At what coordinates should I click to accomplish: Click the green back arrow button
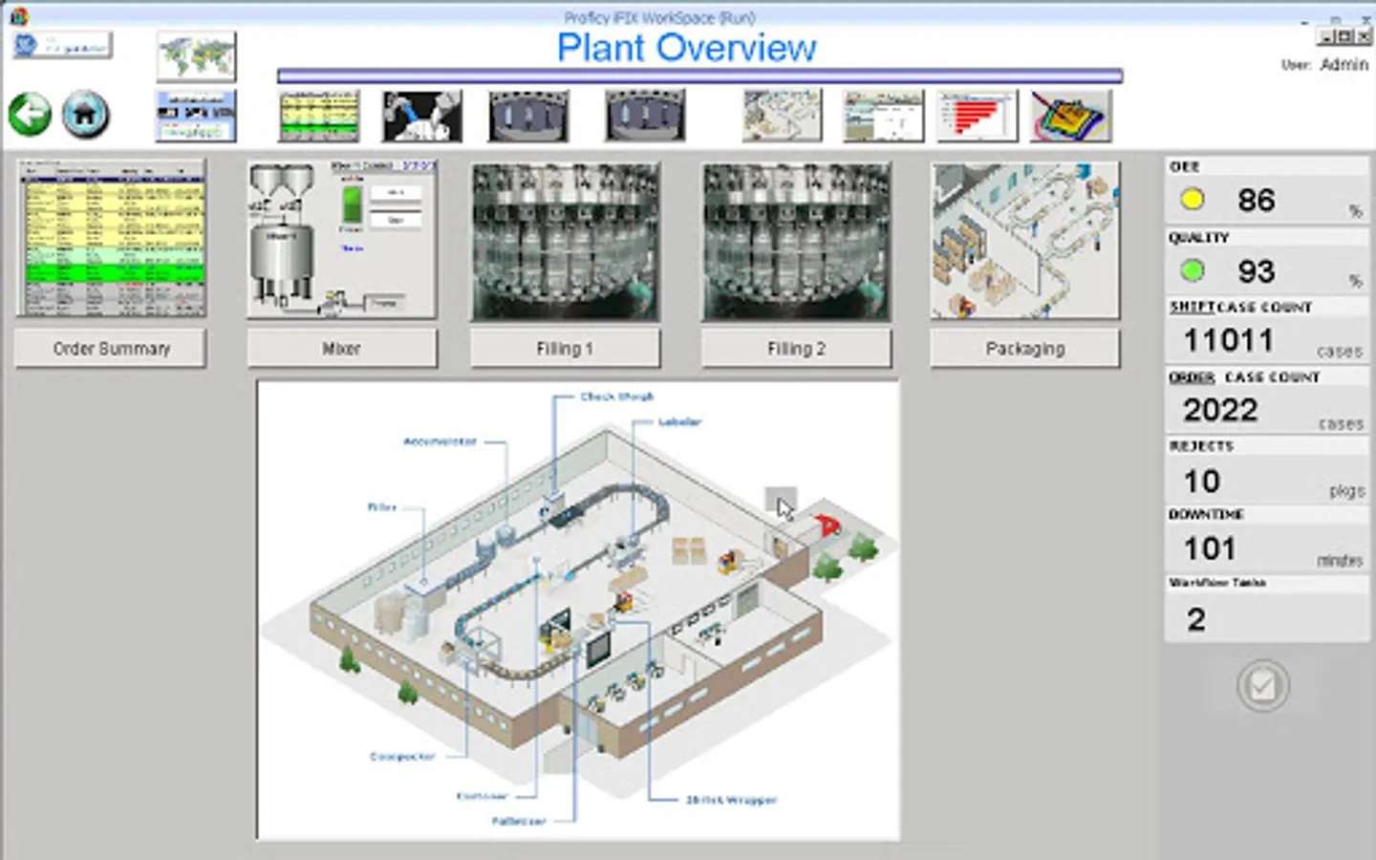pyautogui.click(x=30, y=115)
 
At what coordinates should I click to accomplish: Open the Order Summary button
pyautogui.click(x=111, y=349)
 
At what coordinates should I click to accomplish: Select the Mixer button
pyautogui.click(x=341, y=349)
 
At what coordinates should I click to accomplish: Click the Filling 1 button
pyautogui.click(x=565, y=349)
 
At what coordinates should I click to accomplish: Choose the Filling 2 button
pyautogui.click(x=796, y=349)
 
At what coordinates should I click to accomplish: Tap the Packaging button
pyautogui.click(x=1024, y=349)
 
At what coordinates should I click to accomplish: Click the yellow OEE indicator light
pyautogui.click(x=1192, y=200)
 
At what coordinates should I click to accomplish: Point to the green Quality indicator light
pyautogui.click(x=1192, y=270)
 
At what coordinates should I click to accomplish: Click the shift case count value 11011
pyautogui.click(x=1228, y=340)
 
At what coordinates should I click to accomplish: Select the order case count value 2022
pyautogui.click(x=1220, y=410)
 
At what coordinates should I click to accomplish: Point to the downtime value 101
pyautogui.click(x=1210, y=548)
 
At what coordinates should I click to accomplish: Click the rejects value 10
pyautogui.click(x=1201, y=481)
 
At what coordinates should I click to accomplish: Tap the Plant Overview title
pyautogui.click(x=686, y=48)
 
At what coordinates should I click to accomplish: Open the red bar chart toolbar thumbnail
pyautogui.click(x=977, y=117)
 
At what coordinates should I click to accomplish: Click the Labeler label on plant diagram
pyautogui.click(x=679, y=421)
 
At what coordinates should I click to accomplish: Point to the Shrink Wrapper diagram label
pyautogui.click(x=731, y=800)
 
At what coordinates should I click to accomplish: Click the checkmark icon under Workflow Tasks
pyautogui.click(x=1262, y=685)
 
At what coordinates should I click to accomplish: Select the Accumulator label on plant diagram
pyautogui.click(x=440, y=441)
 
